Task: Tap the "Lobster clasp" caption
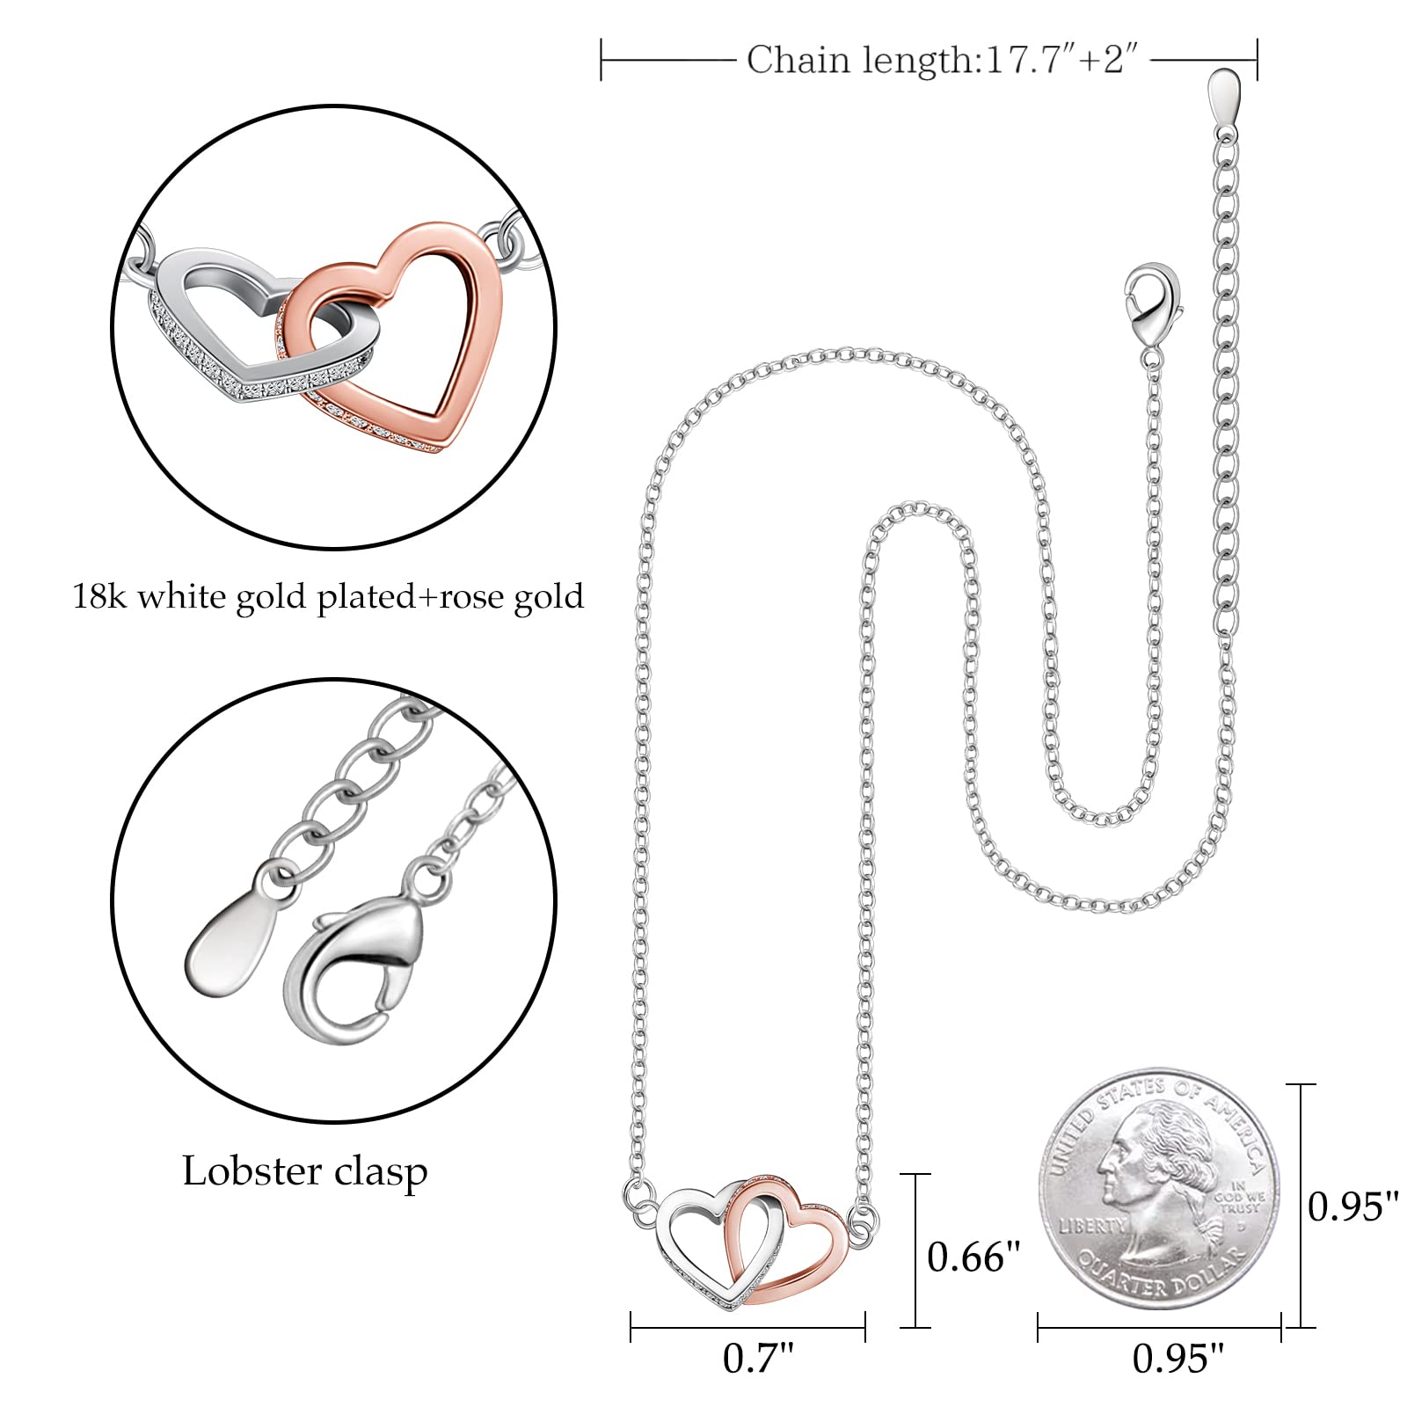(x=305, y=1171)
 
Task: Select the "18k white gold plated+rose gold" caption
(x=328, y=597)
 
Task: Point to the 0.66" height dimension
(x=973, y=1258)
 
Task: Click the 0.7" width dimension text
(x=758, y=1359)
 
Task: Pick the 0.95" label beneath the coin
(x=1178, y=1359)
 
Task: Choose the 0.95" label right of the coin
(x=1352, y=1207)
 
